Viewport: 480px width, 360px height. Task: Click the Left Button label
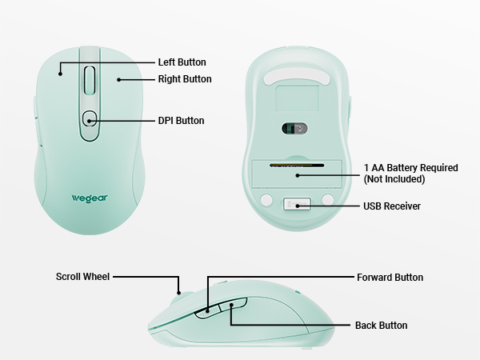182,62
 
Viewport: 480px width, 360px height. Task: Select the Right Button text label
185,79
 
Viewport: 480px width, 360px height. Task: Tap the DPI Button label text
181,121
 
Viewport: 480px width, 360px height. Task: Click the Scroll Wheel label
82,277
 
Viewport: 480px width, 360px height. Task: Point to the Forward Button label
390,278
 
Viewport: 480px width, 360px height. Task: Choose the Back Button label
381,325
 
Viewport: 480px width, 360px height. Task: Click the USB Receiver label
392,206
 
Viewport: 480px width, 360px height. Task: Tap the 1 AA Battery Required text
411,168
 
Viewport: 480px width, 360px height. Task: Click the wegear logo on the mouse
90,198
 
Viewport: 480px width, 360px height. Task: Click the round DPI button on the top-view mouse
90,118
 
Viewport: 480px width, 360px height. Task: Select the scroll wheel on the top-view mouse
90,80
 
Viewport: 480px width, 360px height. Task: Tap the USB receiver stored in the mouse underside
297,204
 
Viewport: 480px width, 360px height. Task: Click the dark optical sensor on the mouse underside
294,129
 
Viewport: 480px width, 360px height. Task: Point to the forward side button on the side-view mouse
207,311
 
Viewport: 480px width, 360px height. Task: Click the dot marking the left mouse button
60,74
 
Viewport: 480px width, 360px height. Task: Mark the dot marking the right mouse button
118,80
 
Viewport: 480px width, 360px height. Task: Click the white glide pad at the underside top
297,76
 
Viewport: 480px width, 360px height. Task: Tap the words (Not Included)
394,179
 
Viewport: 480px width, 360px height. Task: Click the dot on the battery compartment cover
297,175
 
